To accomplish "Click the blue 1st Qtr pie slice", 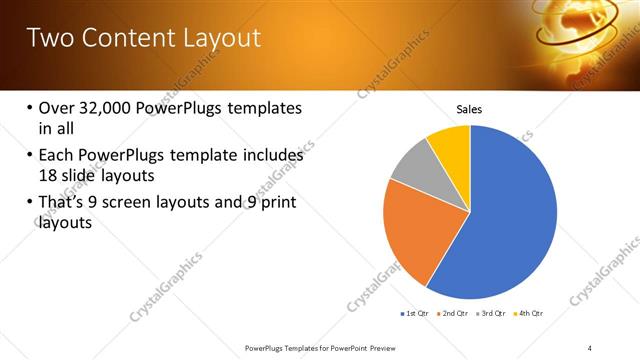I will coord(505,215).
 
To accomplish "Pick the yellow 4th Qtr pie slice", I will coord(451,146).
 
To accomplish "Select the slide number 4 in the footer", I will coord(589,347).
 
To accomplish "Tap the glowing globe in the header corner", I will coord(580,25).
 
